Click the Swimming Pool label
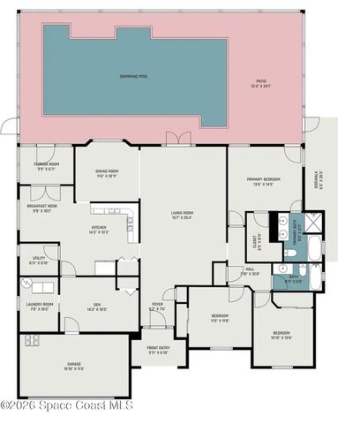pos(133,76)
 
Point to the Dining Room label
pos(106,173)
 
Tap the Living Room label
pos(183,215)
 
